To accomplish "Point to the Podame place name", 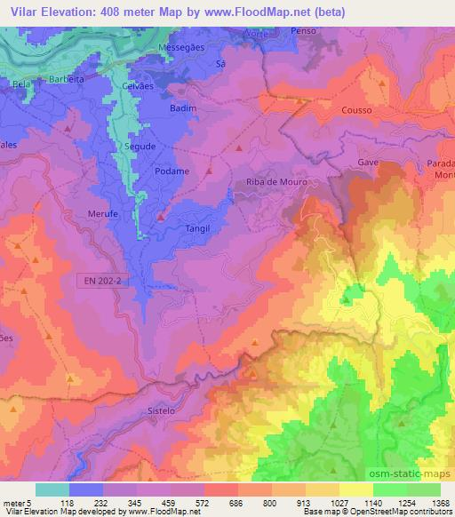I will [x=172, y=171].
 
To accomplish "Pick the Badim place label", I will [x=182, y=107].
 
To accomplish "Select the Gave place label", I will [x=368, y=163].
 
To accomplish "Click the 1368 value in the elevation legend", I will [x=440, y=502].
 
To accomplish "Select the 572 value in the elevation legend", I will [x=204, y=502].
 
